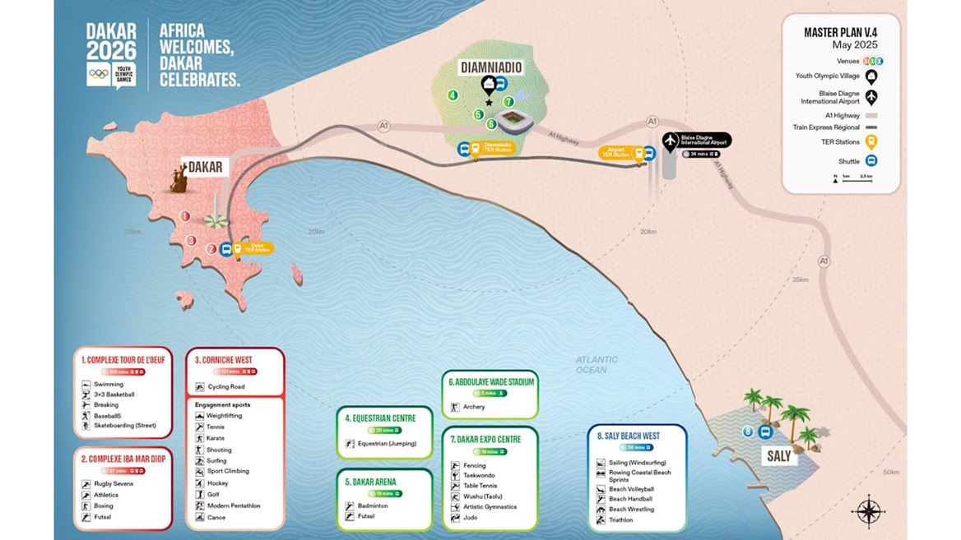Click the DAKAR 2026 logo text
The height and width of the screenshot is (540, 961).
pyautogui.click(x=111, y=41)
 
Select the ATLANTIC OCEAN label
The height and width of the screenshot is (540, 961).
pyautogui.click(x=597, y=365)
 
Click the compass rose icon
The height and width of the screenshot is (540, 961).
pyautogui.click(x=868, y=510)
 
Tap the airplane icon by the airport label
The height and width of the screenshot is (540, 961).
pyautogui.click(x=671, y=140)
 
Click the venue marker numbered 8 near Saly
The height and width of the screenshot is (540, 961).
pyautogui.click(x=747, y=432)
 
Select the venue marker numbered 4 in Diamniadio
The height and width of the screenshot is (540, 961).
pyautogui.click(x=453, y=95)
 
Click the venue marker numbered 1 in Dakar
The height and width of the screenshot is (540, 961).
pyautogui.click(x=186, y=216)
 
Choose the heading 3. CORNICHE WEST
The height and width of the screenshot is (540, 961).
pyautogui.click(x=224, y=360)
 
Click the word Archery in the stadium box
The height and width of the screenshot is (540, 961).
pyautogui.click(x=474, y=407)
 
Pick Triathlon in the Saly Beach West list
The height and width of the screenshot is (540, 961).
pyautogui.click(x=621, y=520)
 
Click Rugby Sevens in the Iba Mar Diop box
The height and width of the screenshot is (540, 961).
pyautogui.click(x=114, y=484)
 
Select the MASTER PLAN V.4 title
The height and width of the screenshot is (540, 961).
pyautogui.click(x=840, y=33)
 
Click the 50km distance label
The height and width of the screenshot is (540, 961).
pyautogui.click(x=891, y=473)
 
